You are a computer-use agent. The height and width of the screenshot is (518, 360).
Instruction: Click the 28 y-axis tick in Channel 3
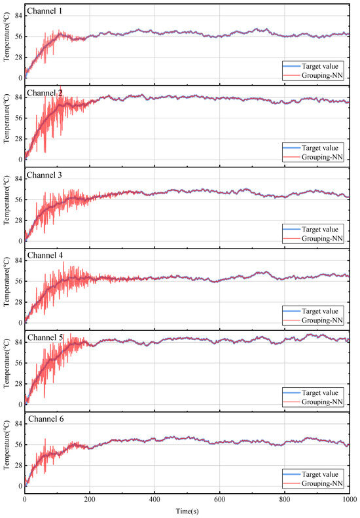tap(18, 220)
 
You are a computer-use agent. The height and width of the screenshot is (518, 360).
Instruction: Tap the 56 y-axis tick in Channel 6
tap(18, 445)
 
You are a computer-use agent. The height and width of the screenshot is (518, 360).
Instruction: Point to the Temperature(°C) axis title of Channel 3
tap(7, 206)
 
